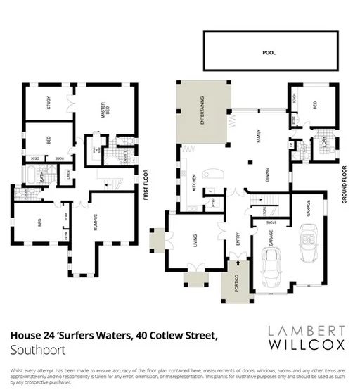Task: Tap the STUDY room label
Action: pos(49,105)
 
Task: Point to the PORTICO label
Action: pos(230,284)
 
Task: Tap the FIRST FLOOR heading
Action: pos(146,184)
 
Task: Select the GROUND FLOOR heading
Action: pos(345,184)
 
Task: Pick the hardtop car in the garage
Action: pos(271,268)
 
